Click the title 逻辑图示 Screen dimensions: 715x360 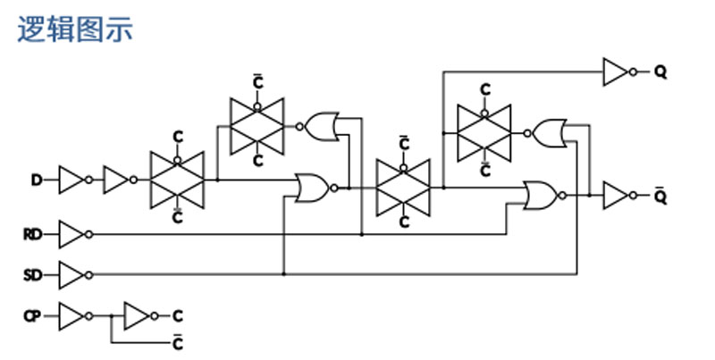point(75,29)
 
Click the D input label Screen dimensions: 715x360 point(37,180)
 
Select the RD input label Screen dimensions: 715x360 point(33,235)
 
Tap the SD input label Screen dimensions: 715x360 point(33,275)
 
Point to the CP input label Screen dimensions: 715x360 point(32,316)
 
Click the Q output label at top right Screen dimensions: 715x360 point(660,72)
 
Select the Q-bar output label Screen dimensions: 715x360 point(660,196)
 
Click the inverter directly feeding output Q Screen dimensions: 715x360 point(619,72)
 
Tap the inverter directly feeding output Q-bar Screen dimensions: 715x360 point(619,196)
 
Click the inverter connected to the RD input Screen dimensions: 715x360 point(76,235)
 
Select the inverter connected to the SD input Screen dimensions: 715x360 point(76,275)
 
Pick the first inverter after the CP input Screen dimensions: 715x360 point(76,316)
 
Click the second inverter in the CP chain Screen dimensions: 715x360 point(141,316)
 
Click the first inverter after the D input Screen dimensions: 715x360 point(76,180)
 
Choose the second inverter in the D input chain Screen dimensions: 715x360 point(121,180)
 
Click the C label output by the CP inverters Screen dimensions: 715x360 point(178,316)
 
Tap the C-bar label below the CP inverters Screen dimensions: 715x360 point(178,343)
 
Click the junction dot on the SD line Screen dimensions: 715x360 point(283,274)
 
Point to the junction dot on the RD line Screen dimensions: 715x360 point(362,235)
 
